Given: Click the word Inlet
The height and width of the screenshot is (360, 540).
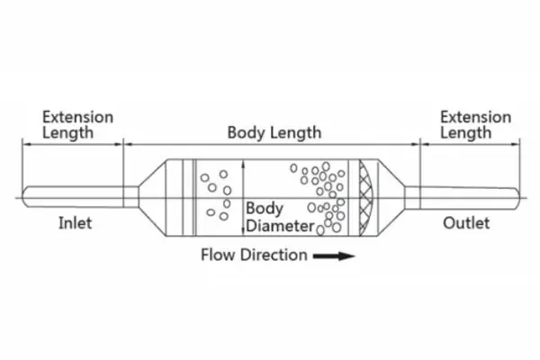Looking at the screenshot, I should [x=75, y=222].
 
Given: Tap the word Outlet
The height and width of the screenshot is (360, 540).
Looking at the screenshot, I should [x=466, y=222].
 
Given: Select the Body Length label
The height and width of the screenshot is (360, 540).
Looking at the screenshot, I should [x=274, y=132].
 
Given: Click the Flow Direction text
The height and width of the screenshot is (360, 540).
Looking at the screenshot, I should [x=254, y=255].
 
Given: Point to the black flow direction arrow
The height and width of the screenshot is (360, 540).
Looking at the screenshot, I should [x=333, y=256].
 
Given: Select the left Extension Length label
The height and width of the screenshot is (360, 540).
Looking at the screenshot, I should [x=77, y=125].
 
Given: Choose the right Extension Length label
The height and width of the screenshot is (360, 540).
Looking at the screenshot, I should [x=474, y=125].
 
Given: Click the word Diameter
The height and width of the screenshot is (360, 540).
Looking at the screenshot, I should [x=280, y=226].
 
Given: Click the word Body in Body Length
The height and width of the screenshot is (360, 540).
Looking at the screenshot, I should [x=244, y=132].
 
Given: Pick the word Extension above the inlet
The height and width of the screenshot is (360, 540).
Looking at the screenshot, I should [x=77, y=117].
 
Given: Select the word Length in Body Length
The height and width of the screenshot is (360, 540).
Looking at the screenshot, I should [x=293, y=132].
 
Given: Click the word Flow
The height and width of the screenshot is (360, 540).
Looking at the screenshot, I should [x=217, y=255].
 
